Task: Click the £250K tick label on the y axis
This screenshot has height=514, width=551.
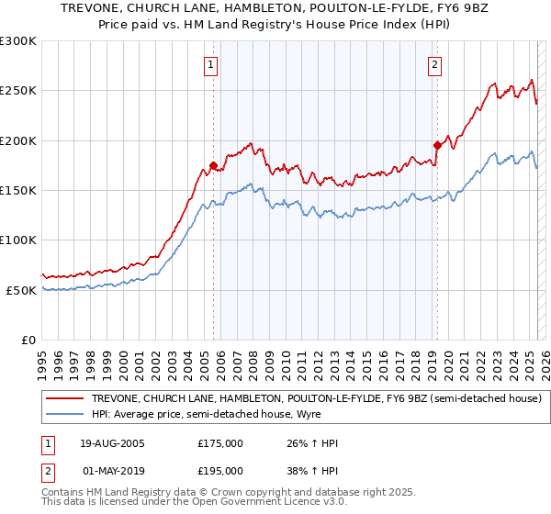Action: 18,91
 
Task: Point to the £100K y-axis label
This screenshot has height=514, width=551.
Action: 18,240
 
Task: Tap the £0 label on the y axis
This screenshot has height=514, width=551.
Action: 28,340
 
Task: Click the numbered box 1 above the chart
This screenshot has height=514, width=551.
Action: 211,65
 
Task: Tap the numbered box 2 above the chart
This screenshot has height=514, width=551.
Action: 433,65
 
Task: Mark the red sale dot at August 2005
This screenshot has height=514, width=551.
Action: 213,166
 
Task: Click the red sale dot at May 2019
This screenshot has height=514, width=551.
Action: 437,144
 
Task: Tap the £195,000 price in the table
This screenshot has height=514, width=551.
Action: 220,470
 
